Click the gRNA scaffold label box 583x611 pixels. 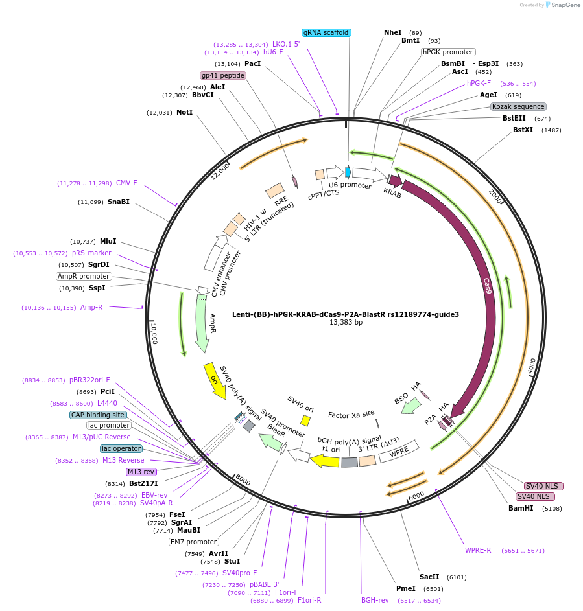click(327, 32)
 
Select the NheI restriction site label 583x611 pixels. click(393, 32)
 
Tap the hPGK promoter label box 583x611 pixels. click(448, 52)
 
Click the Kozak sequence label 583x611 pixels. click(518, 106)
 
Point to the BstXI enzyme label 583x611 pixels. click(523, 130)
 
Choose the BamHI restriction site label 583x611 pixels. click(521, 508)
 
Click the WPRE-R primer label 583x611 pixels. click(478, 550)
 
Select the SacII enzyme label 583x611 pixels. click(429, 577)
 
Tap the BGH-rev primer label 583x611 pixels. click(375, 600)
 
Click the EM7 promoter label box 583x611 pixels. click(194, 542)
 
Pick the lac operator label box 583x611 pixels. click(121, 448)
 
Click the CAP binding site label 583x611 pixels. click(98, 415)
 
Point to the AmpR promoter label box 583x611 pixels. click(84, 276)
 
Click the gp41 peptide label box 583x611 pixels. click(223, 75)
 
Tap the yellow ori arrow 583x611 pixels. click(215, 381)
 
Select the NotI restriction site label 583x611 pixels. click(185, 112)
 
